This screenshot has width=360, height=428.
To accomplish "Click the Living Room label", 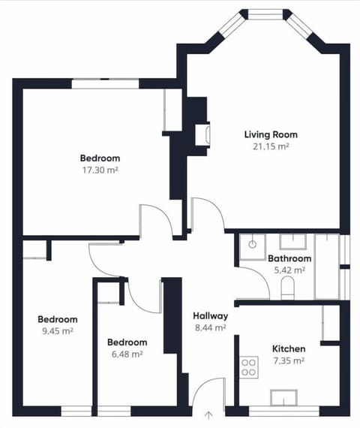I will coord(271,134).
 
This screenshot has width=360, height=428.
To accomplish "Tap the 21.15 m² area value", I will coord(271,146).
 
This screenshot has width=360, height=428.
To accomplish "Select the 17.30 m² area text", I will coord(100,170).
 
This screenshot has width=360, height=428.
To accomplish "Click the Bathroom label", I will coord(289,258).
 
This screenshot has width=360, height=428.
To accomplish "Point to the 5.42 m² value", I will coord(289,270).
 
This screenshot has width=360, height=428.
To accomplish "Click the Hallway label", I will coord(210,315).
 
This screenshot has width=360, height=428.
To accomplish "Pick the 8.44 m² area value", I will coord(210,327).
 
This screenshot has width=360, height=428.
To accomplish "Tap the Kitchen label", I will coord(288,349).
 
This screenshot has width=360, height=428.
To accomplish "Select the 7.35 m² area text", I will coord(288,361).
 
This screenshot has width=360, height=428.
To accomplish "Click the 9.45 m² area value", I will coord(58,330).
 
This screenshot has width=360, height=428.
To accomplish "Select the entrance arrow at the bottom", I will coord(208,414).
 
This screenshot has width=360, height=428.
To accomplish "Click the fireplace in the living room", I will coord(202,134).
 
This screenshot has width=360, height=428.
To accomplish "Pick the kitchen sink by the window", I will coord(286,397).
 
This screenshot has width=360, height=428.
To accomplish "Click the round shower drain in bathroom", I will coord(253,243).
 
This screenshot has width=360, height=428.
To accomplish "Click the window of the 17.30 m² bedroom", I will coord(115,83).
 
